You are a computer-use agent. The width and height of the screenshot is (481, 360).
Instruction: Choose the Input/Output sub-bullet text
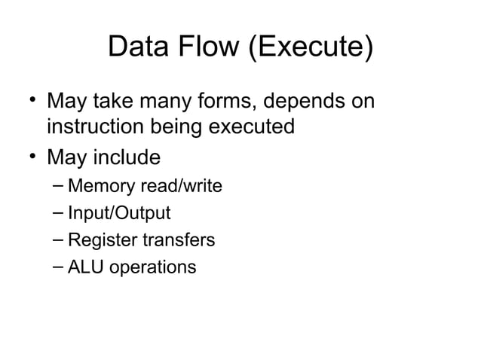click(119, 213)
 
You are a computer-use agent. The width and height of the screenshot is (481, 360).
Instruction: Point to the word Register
click(100, 240)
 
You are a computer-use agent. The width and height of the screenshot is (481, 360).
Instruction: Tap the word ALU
click(83, 267)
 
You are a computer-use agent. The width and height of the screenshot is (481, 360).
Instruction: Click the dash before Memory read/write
click(59, 186)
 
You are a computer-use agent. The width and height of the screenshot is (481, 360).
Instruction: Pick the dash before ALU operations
click(59, 267)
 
